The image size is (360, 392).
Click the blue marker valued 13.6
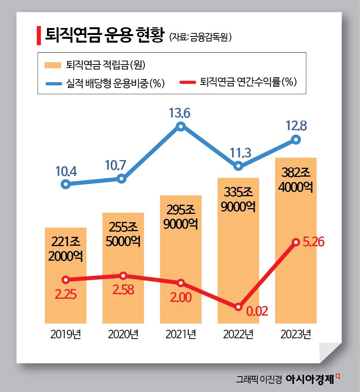coord(181,126)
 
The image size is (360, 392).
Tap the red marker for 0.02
coord(238,307)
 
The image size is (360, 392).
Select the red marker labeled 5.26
coord(296,242)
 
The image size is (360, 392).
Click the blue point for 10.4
coord(66,184)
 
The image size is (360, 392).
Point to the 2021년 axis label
coord(181,334)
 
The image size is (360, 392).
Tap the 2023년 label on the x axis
coord(295,334)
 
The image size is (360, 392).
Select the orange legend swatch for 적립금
coord(53,65)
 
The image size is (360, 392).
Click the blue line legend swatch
coord(53,83)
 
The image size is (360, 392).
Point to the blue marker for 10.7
coord(121,179)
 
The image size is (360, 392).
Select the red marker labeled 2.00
coord(181,283)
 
